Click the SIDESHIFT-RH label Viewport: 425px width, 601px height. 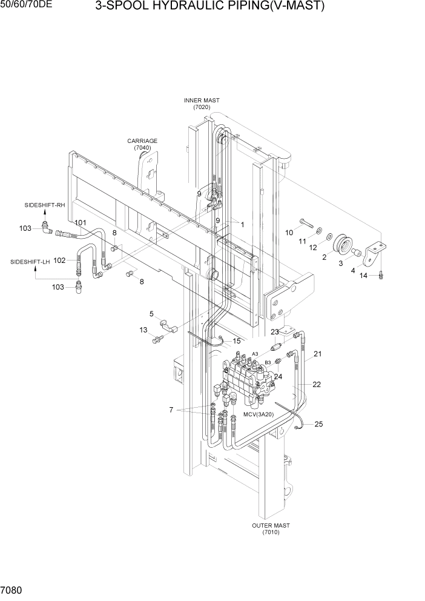(x=45, y=205)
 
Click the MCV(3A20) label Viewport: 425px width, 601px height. (x=259, y=414)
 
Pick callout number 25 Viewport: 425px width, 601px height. (x=318, y=424)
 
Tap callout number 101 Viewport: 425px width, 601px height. (x=81, y=222)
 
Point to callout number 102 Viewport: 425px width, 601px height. (x=59, y=261)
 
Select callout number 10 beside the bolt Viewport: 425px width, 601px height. (x=289, y=233)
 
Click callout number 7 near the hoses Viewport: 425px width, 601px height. (x=171, y=410)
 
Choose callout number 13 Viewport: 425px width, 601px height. (x=143, y=330)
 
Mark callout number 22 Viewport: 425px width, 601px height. (x=316, y=384)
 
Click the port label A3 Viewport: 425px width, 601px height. (x=255, y=353)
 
